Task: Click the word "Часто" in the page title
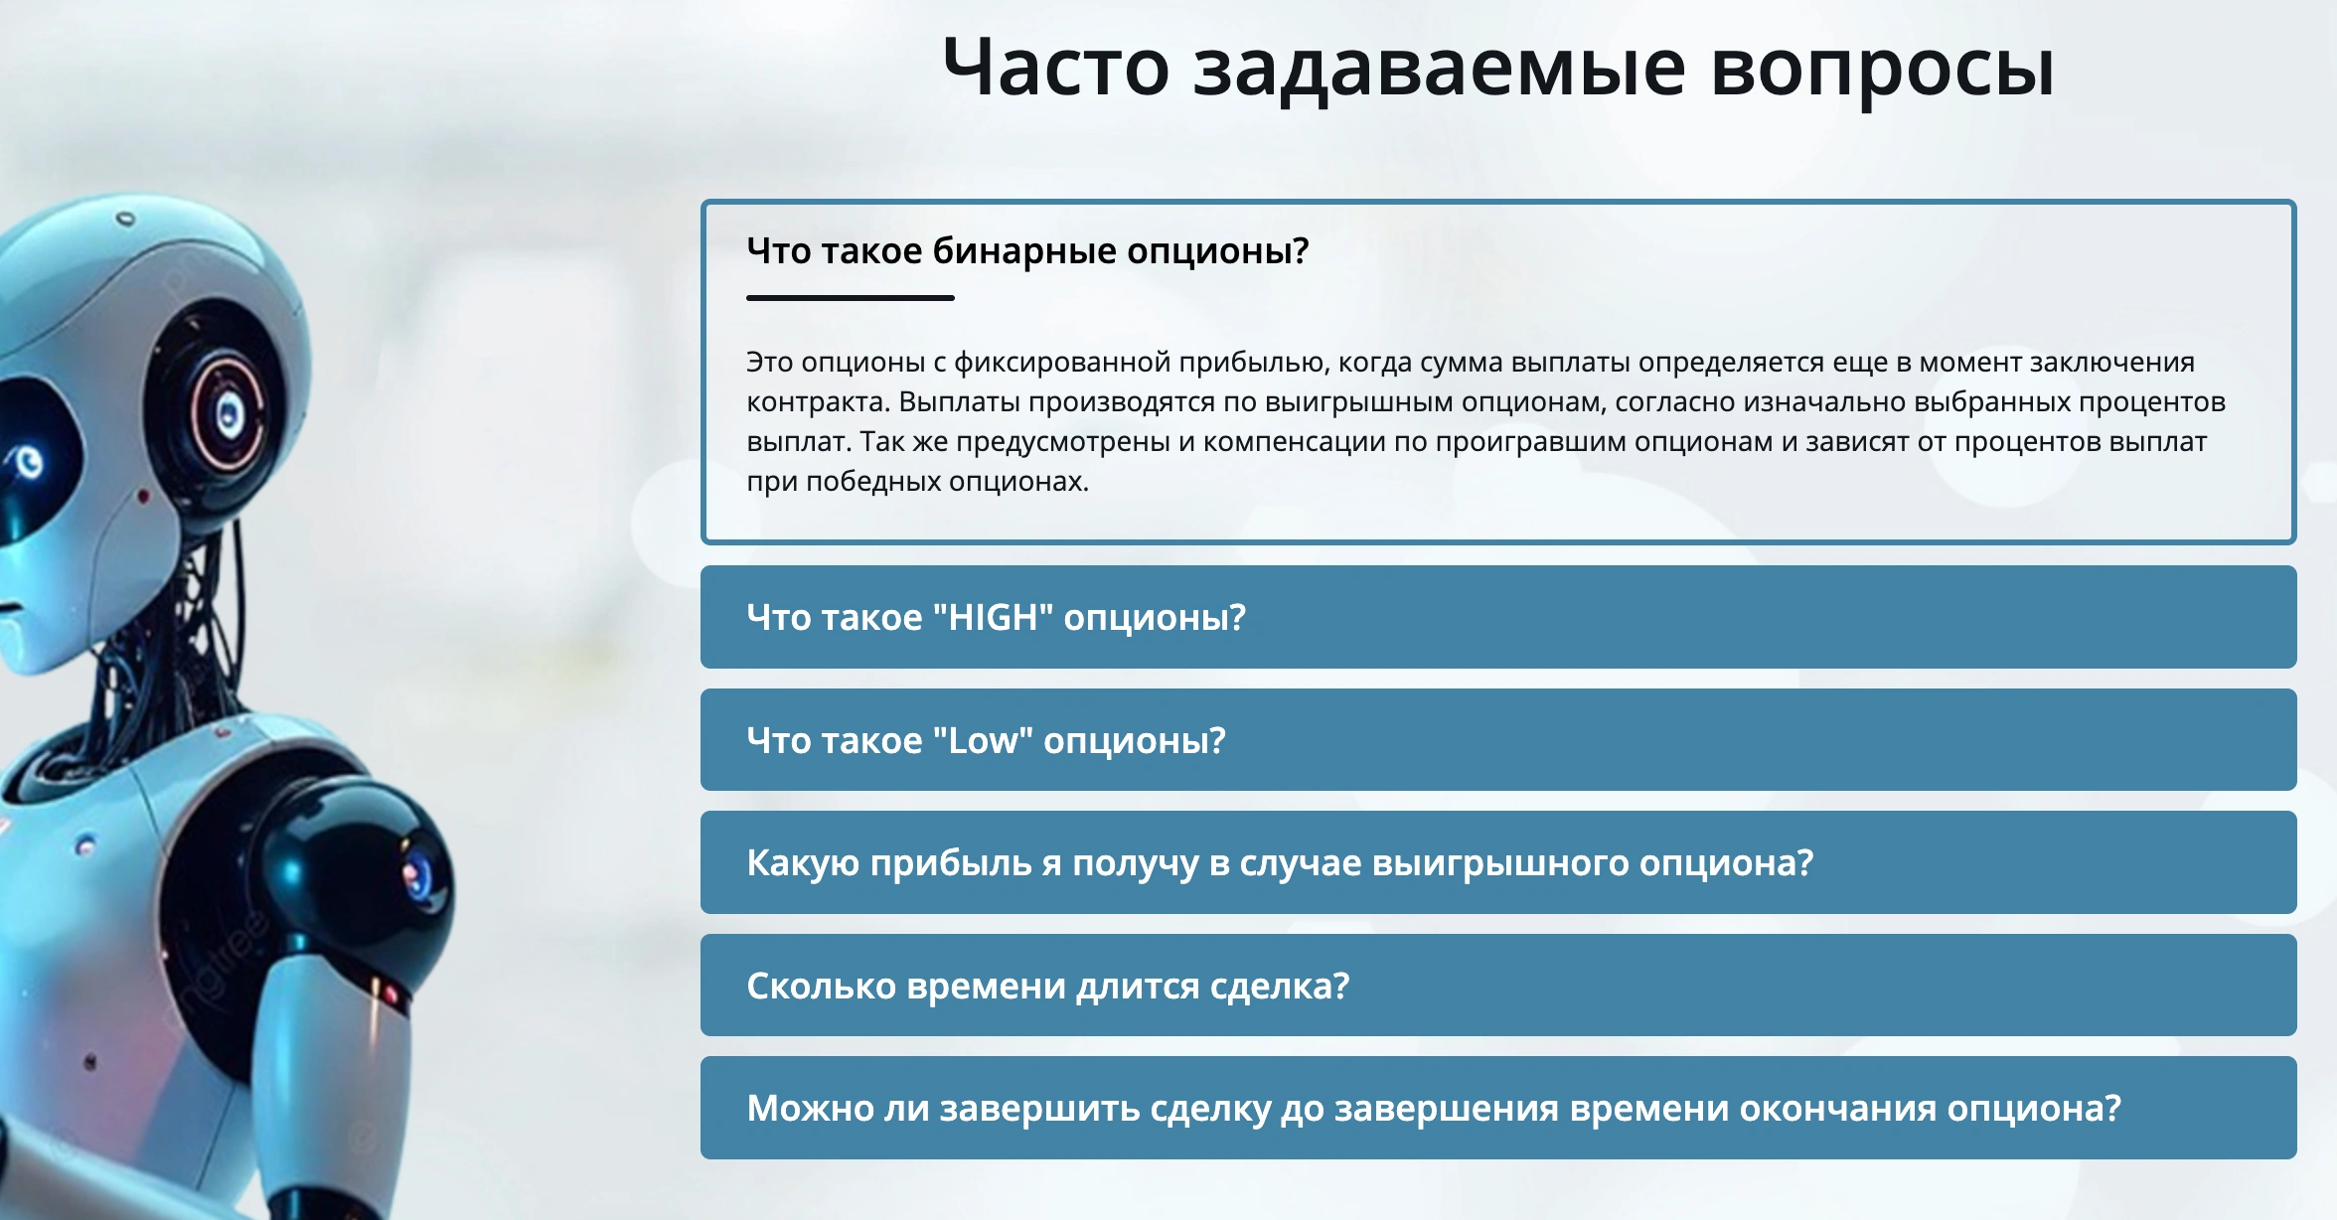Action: (x=1056, y=68)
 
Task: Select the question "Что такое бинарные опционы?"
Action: (x=1027, y=250)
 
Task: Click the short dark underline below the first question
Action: (x=851, y=297)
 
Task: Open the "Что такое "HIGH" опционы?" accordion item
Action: (x=1498, y=617)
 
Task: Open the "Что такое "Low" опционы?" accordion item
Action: (x=1498, y=740)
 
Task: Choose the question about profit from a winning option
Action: (x=1498, y=862)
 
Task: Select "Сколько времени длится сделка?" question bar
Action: (x=1498, y=986)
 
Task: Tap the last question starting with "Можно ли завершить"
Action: (x=1498, y=1108)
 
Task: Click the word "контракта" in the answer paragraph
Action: (x=817, y=402)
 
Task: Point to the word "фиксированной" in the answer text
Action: (x=1062, y=363)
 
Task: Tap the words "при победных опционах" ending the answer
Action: (x=917, y=482)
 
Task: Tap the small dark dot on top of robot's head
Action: (x=125, y=218)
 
